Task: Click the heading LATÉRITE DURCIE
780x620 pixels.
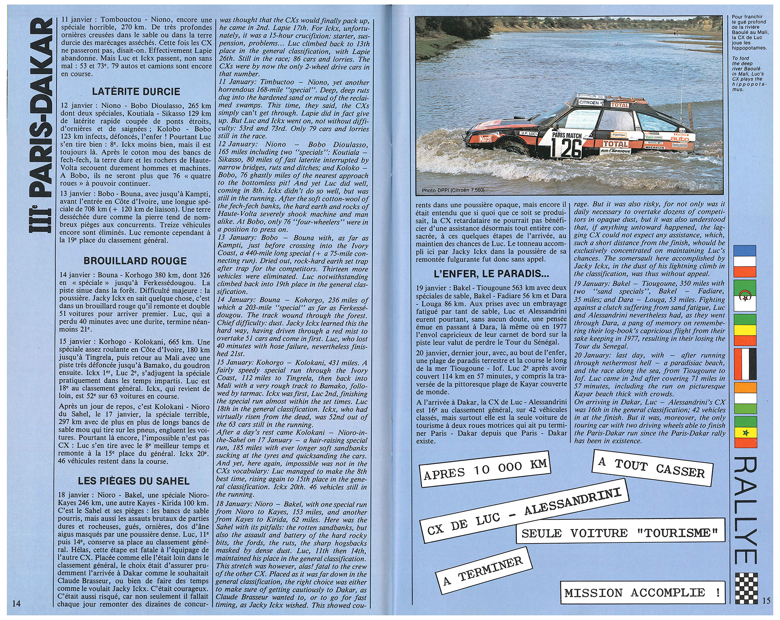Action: [136, 92]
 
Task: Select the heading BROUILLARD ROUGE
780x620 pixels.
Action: [135, 261]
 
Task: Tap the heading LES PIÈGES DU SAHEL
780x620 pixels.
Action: [133, 481]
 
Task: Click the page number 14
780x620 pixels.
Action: [16, 604]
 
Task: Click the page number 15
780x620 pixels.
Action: [766, 601]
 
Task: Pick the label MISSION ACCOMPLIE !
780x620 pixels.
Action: [642, 593]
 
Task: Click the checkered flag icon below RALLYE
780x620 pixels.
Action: [745, 588]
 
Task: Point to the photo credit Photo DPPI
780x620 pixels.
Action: [453, 190]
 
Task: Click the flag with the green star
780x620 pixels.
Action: [745, 433]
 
